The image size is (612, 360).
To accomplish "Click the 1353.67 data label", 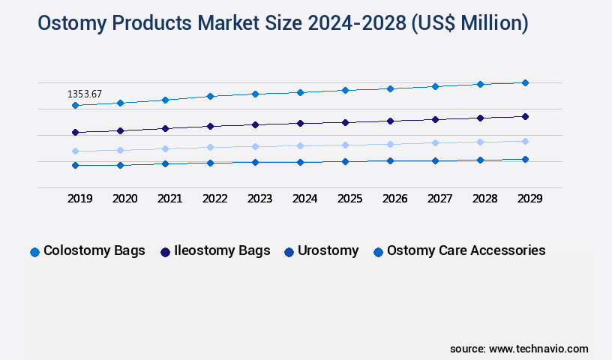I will tap(85, 94).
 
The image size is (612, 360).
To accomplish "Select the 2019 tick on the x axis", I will tap(80, 199).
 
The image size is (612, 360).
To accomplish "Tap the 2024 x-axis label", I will tap(305, 199).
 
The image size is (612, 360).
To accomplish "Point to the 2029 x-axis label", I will tap(529, 199).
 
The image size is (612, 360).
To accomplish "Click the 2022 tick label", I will tap(215, 199).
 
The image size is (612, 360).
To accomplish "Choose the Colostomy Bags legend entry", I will tap(87, 251).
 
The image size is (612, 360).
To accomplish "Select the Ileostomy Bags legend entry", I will tap(214, 251).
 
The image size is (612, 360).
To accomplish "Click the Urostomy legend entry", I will tap(321, 251).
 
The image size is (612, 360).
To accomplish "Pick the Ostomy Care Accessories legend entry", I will tap(459, 251).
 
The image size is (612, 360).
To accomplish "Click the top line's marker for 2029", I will tap(525, 82).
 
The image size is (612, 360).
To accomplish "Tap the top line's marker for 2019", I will tap(75, 106).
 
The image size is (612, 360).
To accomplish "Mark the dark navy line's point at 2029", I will tap(525, 116).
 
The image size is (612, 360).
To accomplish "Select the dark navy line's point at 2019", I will tap(75, 133).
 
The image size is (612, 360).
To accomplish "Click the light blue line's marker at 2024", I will tap(300, 145).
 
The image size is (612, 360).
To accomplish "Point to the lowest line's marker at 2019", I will tap(75, 165).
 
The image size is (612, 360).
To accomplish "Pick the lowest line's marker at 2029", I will tap(525, 159).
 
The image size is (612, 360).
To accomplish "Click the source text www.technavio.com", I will tap(538, 349).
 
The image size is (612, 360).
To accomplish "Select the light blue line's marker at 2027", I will tap(435, 142).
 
